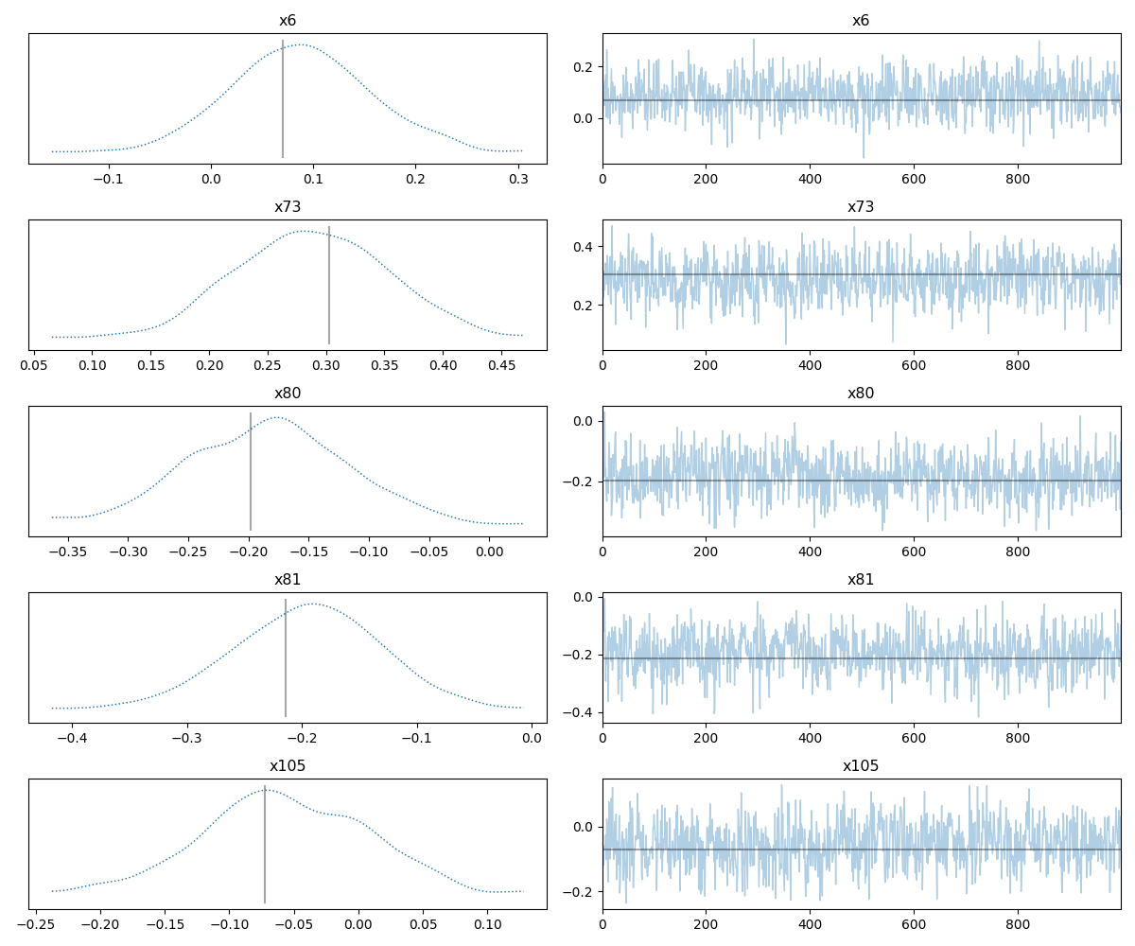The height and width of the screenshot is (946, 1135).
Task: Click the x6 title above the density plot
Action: (288, 20)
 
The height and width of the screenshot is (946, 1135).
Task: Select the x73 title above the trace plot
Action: (861, 206)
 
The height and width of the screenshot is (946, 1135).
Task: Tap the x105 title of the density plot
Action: (288, 765)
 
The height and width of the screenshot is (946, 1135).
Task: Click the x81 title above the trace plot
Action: (861, 579)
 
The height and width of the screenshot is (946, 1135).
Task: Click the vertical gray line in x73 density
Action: (329, 285)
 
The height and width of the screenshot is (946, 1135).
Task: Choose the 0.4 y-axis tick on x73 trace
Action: (586, 247)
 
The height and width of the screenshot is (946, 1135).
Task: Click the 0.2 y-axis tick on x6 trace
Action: (586, 67)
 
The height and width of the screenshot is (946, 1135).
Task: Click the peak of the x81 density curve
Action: (313, 604)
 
